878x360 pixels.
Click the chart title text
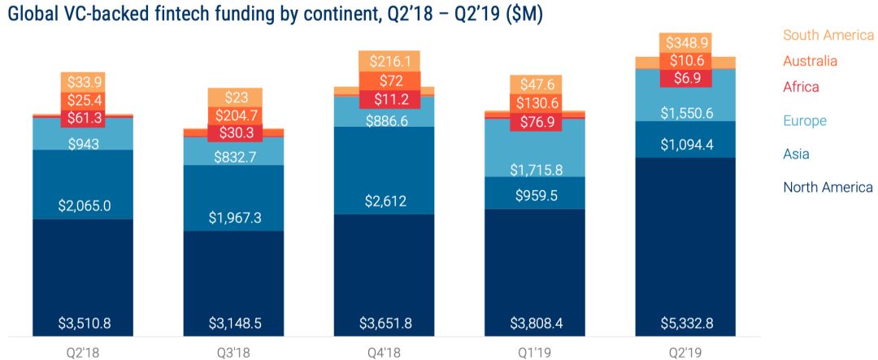(x=276, y=14)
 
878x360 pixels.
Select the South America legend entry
(x=827, y=35)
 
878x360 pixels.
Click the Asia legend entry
(x=797, y=154)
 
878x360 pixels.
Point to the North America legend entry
(x=828, y=188)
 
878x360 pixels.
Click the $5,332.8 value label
(x=685, y=323)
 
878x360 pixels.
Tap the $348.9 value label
(x=685, y=41)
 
